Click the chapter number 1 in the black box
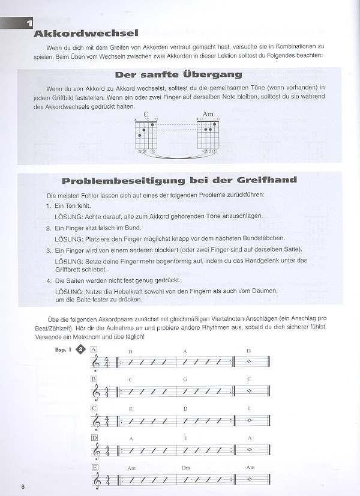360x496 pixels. [28, 23]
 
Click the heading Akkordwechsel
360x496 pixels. [87, 34]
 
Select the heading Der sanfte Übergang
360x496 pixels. [178, 75]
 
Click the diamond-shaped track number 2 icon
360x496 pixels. [80, 352]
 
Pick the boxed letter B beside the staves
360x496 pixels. [94, 379]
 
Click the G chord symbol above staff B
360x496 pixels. [186, 380]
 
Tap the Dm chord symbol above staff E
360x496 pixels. [186, 468]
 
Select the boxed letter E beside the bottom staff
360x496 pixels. [94, 467]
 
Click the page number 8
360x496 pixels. [22, 485]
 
